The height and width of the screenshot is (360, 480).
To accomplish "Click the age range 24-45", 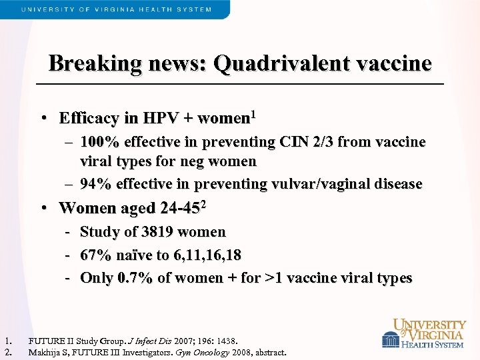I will click(x=180, y=208).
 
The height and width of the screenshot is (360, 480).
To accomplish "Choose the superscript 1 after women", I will click(x=253, y=115).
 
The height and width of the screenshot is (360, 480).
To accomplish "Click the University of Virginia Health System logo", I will click(x=423, y=333).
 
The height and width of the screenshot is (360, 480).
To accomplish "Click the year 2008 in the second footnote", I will click(x=242, y=352).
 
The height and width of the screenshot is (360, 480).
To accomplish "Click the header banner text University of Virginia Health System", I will click(x=117, y=9).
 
